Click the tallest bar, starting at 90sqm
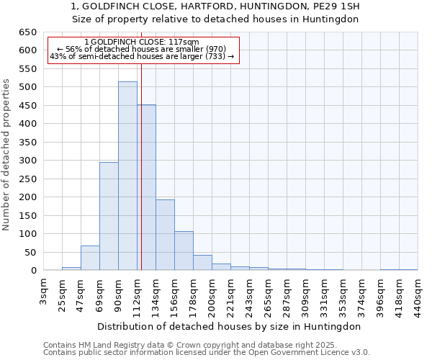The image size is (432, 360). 127,176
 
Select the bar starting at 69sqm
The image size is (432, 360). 109,216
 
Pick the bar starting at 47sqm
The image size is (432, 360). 90,258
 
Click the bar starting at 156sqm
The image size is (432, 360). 184,251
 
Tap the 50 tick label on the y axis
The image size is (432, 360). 30,252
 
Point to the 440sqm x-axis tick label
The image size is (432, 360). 418,294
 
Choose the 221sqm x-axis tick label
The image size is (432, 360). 231,294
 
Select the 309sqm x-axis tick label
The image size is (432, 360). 306,294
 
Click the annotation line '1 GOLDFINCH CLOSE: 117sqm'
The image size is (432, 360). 142,42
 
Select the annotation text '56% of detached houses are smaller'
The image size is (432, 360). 142,49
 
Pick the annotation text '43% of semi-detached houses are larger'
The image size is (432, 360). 142,56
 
